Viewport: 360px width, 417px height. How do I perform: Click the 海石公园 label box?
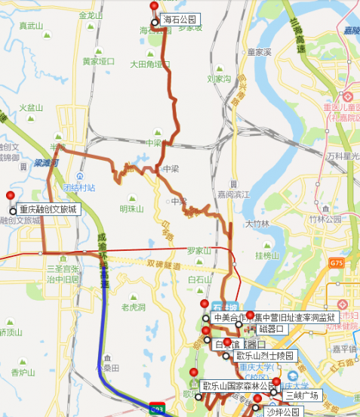tap(180, 19)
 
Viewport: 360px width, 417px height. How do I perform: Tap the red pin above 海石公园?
tap(154, 7)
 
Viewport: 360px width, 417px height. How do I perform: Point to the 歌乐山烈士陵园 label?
tap(263, 355)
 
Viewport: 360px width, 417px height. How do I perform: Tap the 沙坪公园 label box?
tap(282, 412)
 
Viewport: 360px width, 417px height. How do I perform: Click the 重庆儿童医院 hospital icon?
tap(347, 97)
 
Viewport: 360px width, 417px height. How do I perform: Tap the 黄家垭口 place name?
tap(98, 61)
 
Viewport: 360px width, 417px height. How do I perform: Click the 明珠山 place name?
tap(131, 209)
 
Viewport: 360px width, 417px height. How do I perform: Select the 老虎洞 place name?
tap(134, 307)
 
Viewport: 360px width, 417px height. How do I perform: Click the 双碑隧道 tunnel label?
tap(165, 264)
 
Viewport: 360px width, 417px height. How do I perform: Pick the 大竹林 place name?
tap(257, 224)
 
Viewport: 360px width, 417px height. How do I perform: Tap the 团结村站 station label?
tap(79, 187)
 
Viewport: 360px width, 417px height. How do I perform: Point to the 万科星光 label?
tap(342, 156)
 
